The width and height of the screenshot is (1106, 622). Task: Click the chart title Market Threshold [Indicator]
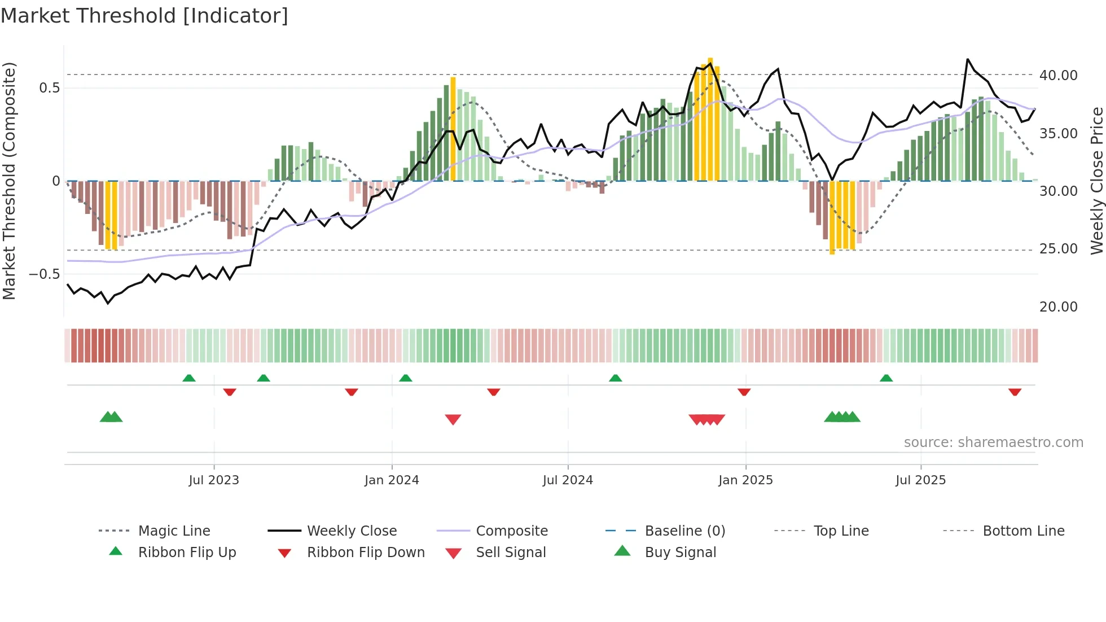[x=144, y=16]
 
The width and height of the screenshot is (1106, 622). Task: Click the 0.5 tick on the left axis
[x=49, y=88]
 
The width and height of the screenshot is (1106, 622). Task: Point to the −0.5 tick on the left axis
[x=45, y=274]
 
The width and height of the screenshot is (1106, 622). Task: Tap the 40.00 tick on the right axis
[x=1058, y=76]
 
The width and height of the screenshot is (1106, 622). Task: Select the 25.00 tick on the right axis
[x=1058, y=249]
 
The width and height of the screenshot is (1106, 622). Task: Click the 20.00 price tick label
[x=1058, y=307]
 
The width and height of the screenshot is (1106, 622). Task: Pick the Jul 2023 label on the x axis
[x=214, y=480]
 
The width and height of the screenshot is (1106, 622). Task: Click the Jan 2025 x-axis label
[x=745, y=480]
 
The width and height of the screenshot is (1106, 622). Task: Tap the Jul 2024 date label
[x=568, y=480]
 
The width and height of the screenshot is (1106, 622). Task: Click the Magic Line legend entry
[x=174, y=531]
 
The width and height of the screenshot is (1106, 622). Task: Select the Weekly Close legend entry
[x=352, y=531]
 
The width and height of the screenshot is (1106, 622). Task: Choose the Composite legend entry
[x=511, y=531]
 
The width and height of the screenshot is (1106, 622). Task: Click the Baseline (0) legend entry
[x=684, y=531]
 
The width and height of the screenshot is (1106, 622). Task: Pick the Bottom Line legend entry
[x=1023, y=531]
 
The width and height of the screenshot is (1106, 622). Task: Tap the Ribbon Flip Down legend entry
[x=365, y=553]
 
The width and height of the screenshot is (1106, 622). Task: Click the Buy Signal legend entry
[x=680, y=553]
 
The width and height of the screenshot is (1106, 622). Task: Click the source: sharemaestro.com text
[x=993, y=443]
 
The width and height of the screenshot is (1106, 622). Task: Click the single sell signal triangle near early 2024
[x=453, y=419]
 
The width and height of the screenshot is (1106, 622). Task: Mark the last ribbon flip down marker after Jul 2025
[x=1015, y=392]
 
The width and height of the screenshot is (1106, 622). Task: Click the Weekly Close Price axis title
[x=1096, y=181]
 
